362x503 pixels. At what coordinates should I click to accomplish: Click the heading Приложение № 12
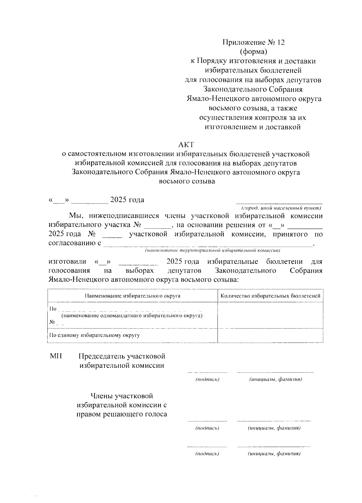[x=253, y=42]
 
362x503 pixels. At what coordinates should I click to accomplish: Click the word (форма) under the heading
[x=253, y=52]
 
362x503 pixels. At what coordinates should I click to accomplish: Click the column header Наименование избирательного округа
[x=133, y=296]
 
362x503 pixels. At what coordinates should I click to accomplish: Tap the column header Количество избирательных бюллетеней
[x=270, y=296]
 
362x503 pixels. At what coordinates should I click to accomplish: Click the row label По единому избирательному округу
[x=94, y=335]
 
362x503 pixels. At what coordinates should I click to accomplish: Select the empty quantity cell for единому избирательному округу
[x=270, y=336]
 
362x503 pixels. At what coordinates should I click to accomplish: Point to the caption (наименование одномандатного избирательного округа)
[x=132, y=316]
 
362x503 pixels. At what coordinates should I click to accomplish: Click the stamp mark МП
[x=56, y=356]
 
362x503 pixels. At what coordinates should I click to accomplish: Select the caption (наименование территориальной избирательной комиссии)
[x=213, y=251]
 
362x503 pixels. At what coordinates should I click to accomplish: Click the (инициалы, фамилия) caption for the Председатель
[x=275, y=379]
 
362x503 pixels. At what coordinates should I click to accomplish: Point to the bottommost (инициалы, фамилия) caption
[x=274, y=454]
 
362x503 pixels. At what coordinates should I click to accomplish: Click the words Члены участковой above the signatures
[x=122, y=396]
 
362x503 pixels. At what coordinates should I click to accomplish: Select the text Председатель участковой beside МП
[x=122, y=356]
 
